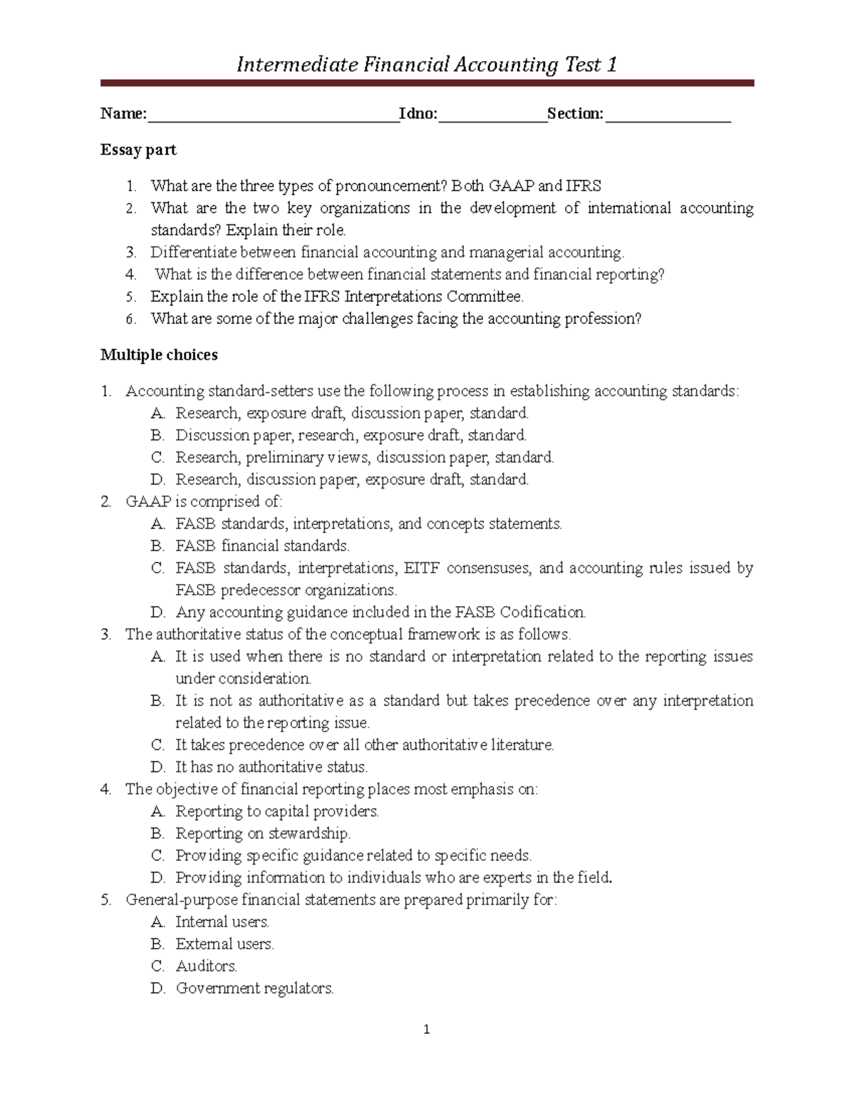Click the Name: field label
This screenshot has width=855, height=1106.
pyautogui.click(x=123, y=114)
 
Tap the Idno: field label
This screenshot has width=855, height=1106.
pyautogui.click(x=418, y=114)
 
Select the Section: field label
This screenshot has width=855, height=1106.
pyautogui.click(x=575, y=114)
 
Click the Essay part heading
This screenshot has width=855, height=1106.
pyautogui.click(x=138, y=150)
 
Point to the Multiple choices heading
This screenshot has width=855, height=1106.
pyautogui.click(x=159, y=355)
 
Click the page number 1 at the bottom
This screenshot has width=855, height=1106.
pyautogui.click(x=426, y=1029)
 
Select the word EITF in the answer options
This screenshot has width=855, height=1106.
pyautogui.click(x=421, y=568)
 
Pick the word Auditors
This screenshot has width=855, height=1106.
pyautogui.click(x=206, y=966)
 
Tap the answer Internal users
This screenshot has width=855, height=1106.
pyautogui.click(x=222, y=922)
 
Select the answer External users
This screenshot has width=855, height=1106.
pyautogui.click(x=224, y=944)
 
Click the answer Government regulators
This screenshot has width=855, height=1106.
pyautogui.click(x=254, y=988)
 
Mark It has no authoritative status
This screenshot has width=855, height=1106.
pyautogui.click(x=271, y=768)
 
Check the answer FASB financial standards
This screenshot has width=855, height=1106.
pyautogui.click(x=262, y=546)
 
